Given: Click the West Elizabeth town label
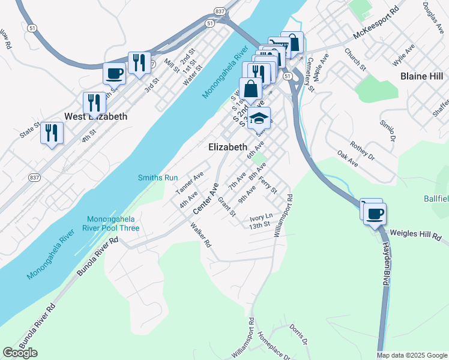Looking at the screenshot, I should click(x=96, y=116).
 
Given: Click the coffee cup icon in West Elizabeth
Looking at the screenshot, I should click(x=115, y=74).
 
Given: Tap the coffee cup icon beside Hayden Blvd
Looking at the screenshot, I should click(x=375, y=214).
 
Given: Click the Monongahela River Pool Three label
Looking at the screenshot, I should click(x=113, y=223).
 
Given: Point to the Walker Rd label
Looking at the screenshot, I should click(x=201, y=236).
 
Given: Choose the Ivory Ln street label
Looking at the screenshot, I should click(x=261, y=216).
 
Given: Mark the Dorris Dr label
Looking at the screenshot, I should click(x=298, y=335).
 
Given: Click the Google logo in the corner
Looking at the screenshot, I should click(x=20, y=353).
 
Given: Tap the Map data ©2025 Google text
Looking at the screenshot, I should click(x=411, y=355).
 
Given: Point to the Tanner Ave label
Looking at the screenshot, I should click(x=190, y=182).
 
